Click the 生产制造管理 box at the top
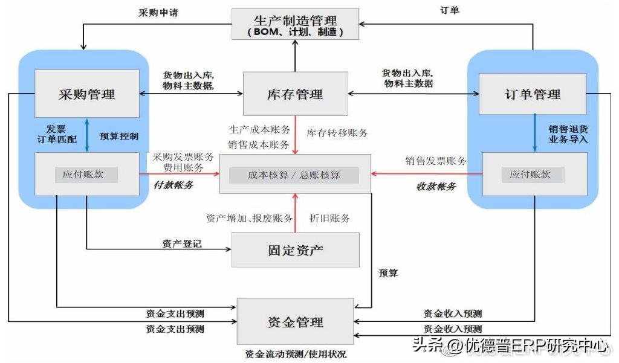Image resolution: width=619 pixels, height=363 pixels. tap(295, 24)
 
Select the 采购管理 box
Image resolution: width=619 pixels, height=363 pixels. tap(86, 94)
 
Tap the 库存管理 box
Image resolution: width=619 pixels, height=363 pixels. tap(295, 94)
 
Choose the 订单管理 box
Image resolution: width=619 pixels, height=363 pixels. tap(532, 94)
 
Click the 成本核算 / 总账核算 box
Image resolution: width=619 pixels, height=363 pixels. tap(294, 175)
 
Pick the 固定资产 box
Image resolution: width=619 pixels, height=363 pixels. tap(295, 249)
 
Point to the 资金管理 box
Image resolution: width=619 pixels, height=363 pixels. tap(295, 321)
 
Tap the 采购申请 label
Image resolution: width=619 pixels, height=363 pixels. tap(158, 12)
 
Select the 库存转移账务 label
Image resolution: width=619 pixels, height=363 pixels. tap(337, 133)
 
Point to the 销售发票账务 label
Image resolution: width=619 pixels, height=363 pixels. tap(436, 161)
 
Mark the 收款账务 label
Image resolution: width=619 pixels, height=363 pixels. tap(436, 187)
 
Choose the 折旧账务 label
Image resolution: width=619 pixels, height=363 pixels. tap(329, 218)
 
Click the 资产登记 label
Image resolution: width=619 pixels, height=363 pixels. tap(181, 244)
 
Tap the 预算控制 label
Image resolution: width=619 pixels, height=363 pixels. tap(119, 136)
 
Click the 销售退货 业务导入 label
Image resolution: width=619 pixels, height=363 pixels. tap(568, 134)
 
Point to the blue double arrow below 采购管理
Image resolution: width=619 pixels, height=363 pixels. tap(86, 135)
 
